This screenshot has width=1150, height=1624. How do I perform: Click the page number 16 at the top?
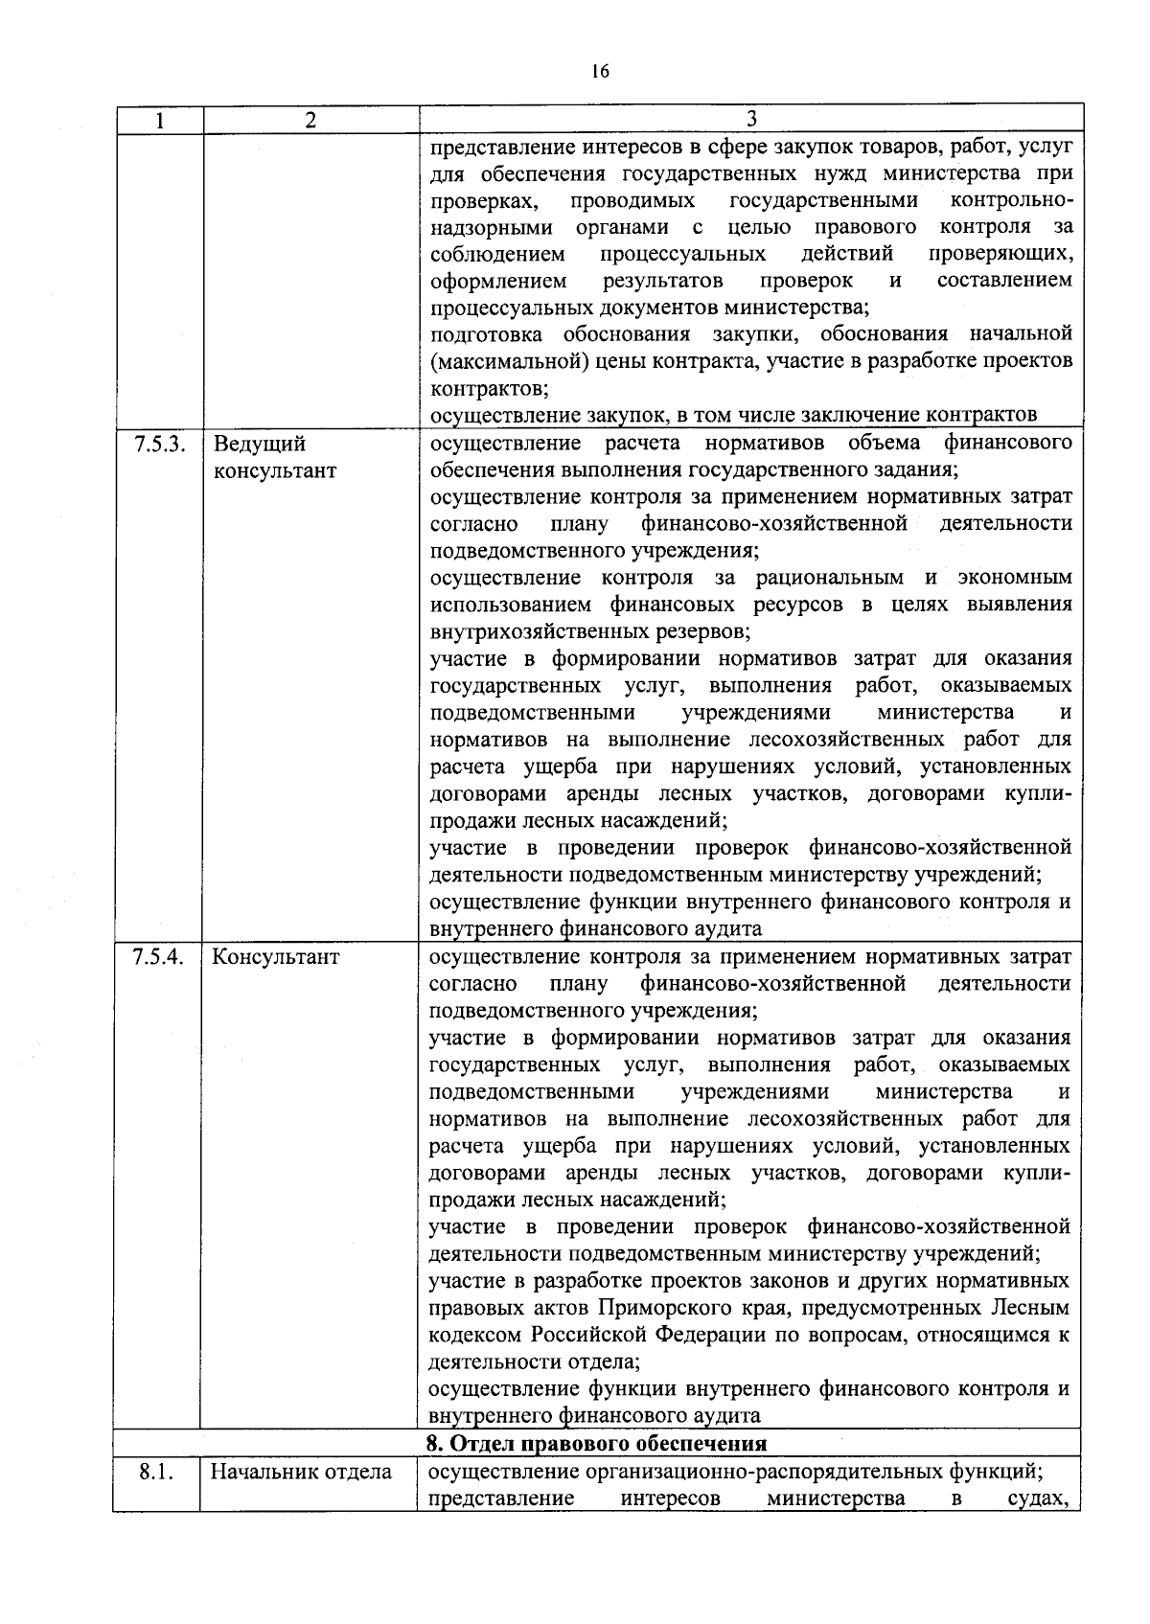[601, 71]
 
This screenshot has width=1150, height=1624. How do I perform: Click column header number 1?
[159, 120]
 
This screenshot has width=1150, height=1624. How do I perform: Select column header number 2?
[310, 120]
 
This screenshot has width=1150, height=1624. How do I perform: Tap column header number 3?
[750, 118]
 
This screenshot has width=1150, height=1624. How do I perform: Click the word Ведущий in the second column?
[259, 444]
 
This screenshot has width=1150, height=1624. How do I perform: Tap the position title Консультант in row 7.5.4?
[275, 956]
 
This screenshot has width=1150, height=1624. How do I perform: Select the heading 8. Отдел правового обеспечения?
[596, 1444]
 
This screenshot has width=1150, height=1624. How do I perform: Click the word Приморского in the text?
[660, 1308]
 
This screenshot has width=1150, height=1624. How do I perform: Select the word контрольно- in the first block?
[1011, 200]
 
